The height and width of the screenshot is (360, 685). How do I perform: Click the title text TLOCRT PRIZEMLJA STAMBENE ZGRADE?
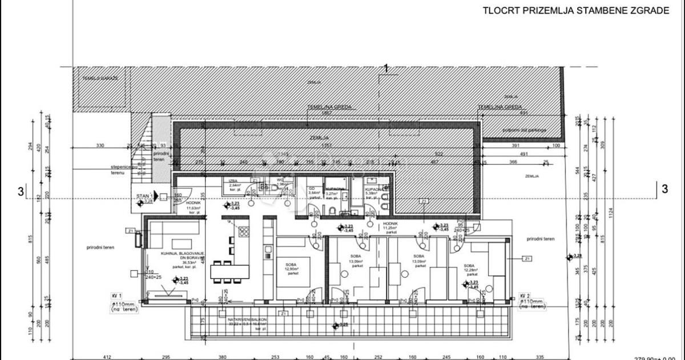tap(576, 11)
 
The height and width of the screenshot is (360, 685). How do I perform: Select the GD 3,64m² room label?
tap(312, 191)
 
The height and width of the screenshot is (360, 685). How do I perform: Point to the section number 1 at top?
tap(386, 69)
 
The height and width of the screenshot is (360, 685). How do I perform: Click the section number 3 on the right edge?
tap(664, 189)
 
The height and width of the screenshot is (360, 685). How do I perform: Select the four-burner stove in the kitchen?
tap(244, 232)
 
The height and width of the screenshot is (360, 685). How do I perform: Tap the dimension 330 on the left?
tap(100, 146)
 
